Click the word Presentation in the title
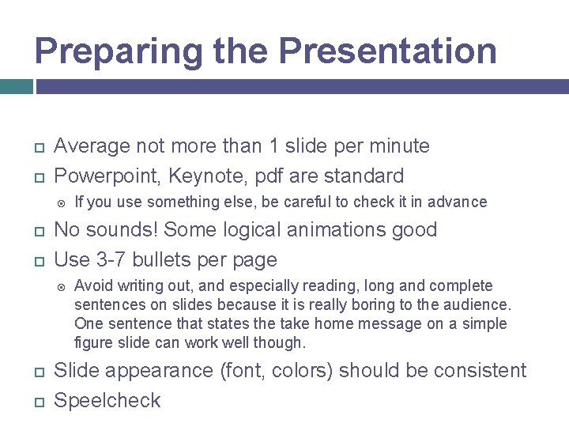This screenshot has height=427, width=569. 387,51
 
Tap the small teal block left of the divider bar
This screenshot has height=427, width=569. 16,86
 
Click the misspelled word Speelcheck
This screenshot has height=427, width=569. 107,401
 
